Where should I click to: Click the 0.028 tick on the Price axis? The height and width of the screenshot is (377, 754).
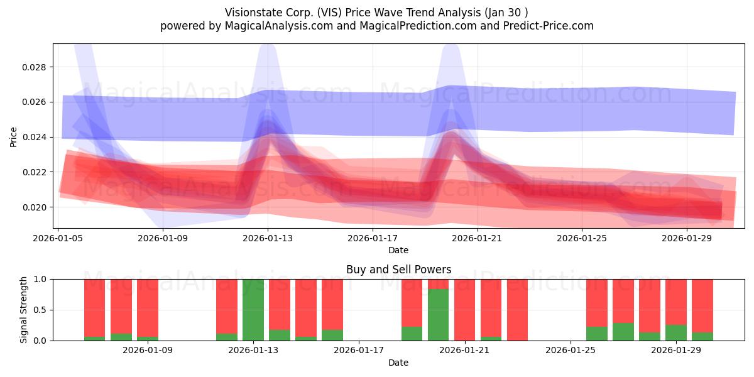coord(34,67)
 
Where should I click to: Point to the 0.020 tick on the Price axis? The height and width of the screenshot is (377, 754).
coord(34,207)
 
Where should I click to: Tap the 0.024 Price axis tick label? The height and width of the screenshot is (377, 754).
coord(34,138)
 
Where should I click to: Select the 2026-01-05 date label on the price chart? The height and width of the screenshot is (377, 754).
coord(58,238)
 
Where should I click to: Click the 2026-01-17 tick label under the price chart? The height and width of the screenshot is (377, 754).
coord(373,238)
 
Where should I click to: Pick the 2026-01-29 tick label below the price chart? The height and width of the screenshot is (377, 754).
coord(687,238)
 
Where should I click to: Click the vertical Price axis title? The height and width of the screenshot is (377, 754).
coord(13,138)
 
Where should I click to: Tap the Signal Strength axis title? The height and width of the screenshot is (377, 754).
coord(23,310)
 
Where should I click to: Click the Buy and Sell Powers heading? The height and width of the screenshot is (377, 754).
coord(398,270)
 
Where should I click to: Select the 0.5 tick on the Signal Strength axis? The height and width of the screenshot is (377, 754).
coord(40,310)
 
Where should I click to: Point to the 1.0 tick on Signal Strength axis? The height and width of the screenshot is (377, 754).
coord(40,280)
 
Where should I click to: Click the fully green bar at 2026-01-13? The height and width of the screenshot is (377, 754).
coord(253,310)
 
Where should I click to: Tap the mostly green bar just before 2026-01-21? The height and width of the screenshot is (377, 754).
coord(439,315)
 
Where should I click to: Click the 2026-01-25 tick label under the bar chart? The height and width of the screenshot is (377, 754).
coord(571,351)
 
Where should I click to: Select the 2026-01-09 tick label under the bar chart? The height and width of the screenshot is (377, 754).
coord(148,351)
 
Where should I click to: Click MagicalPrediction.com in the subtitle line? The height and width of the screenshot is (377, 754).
coord(418,26)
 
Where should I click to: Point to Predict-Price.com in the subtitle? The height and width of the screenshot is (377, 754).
coord(549,26)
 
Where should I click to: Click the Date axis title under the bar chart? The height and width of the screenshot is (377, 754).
coord(398,363)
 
